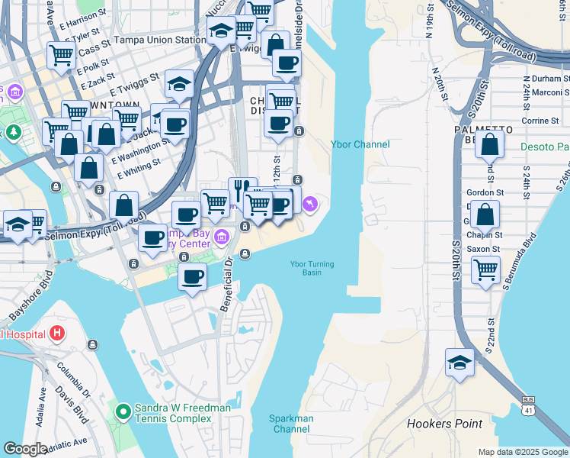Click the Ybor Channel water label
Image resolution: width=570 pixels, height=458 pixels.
pos(360,144)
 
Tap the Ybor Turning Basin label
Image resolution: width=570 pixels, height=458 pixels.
pos(312,268)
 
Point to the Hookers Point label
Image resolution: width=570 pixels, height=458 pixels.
pos(444,424)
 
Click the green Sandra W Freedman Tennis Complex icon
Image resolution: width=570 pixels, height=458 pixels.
pos(122,413)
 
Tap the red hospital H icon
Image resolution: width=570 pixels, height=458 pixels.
pos(56,334)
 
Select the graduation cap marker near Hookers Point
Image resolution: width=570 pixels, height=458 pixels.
pos(460,363)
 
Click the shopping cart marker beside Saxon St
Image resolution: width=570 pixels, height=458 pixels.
pos(485,269)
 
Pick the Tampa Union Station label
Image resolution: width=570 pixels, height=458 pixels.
pos(159,40)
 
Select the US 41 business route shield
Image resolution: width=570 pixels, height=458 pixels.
pos(528,407)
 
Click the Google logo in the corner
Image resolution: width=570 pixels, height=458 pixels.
pos(25,448)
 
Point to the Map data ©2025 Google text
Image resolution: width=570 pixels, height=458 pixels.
pos(522,452)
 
